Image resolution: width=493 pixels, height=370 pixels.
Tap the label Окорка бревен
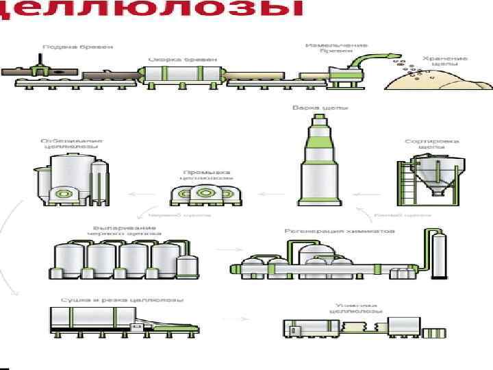179,60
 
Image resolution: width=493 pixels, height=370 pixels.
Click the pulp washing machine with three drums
206,195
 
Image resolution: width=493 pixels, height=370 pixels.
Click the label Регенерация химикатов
340,231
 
